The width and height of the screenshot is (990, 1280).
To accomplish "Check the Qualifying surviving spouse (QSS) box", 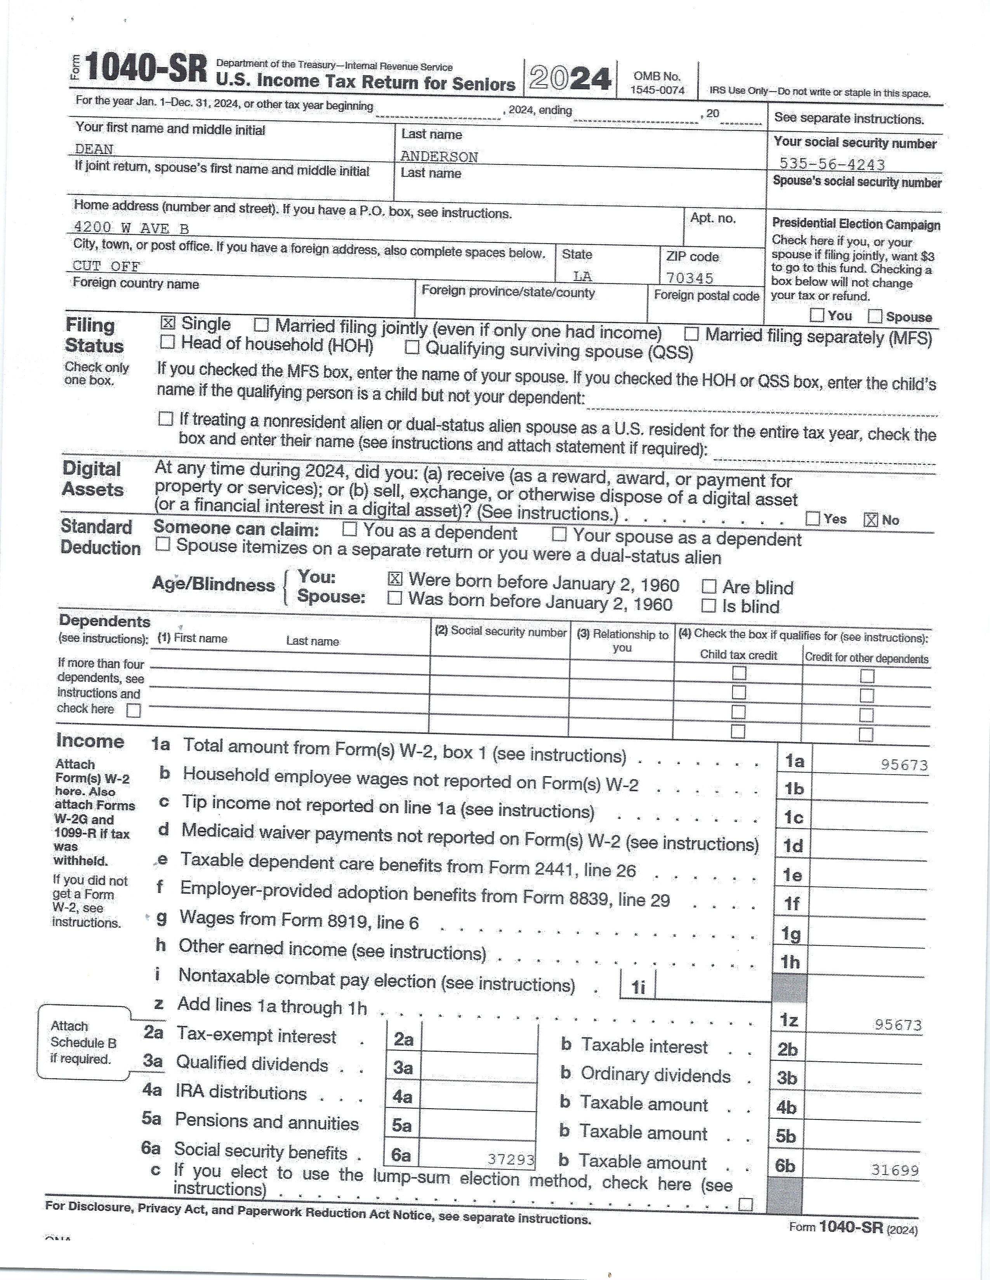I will coord(412,348).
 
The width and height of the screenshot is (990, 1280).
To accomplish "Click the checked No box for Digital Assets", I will coord(871,520).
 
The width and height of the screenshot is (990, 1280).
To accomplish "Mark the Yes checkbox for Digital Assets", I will coord(813,518).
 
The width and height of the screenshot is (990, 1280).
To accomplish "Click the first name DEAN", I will coord(94,149).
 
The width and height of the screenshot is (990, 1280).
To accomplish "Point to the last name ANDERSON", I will coord(439,156).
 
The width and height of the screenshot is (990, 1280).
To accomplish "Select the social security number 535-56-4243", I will coord(832,164).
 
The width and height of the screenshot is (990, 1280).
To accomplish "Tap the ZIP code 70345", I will coord(690,277).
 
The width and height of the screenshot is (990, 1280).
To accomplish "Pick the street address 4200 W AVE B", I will coord(131,228).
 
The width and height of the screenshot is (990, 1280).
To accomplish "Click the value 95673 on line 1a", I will coord(904,765).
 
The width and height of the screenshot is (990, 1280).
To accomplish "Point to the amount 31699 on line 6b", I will coord(894,1170).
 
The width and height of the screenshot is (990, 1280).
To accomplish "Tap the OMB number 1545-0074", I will coord(657,90).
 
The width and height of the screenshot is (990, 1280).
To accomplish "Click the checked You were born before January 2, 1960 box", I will coord(395,579).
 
